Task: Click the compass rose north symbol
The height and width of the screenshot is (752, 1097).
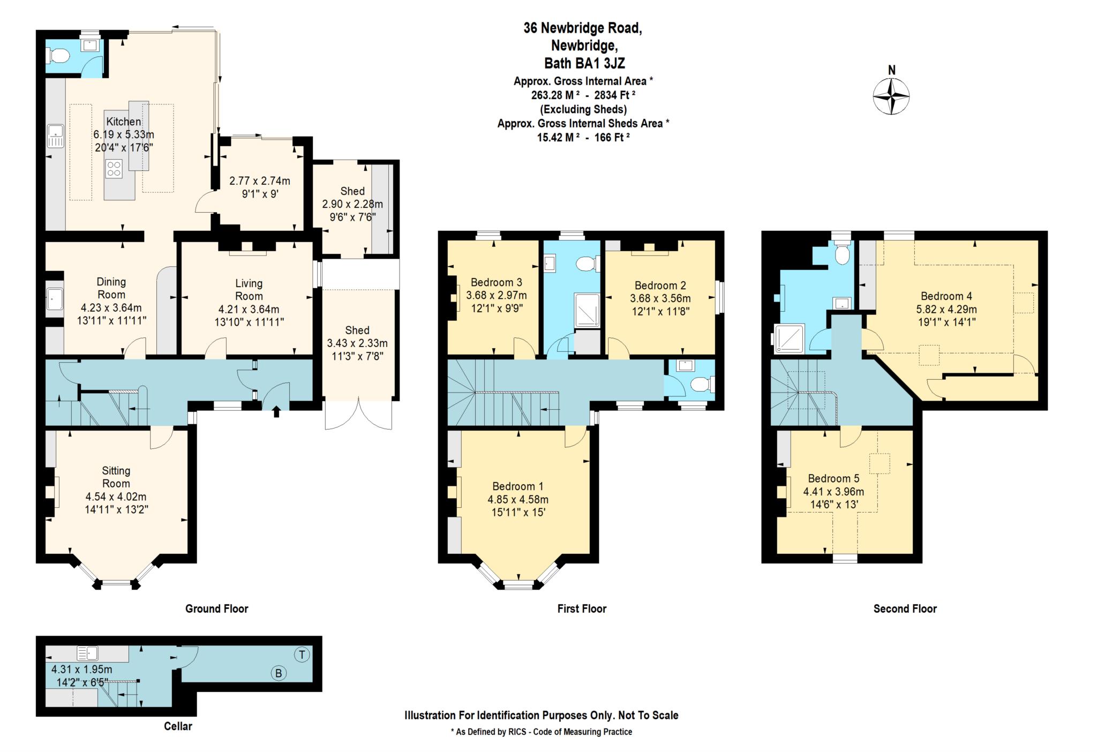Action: (891, 96)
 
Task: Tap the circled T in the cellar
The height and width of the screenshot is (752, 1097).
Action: (302, 655)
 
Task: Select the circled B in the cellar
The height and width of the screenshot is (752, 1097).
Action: (279, 673)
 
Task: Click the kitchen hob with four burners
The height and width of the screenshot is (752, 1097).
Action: (114, 169)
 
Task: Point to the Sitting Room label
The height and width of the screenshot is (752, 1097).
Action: (116, 477)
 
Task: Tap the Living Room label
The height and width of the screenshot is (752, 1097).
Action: (249, 290)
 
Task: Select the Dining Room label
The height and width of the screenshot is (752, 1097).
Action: (111, 288)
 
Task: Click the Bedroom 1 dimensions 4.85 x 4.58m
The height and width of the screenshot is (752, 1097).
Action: (518, 500)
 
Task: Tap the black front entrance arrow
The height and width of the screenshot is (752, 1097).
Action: (276, 411)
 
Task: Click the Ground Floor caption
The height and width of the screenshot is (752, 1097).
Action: (217, 608)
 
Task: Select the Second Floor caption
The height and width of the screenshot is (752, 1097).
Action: (905, 608)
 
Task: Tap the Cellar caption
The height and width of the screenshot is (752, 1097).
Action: (178, 726)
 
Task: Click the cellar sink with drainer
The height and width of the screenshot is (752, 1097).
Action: (87, 653)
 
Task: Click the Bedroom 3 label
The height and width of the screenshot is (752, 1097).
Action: (497, 282)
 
